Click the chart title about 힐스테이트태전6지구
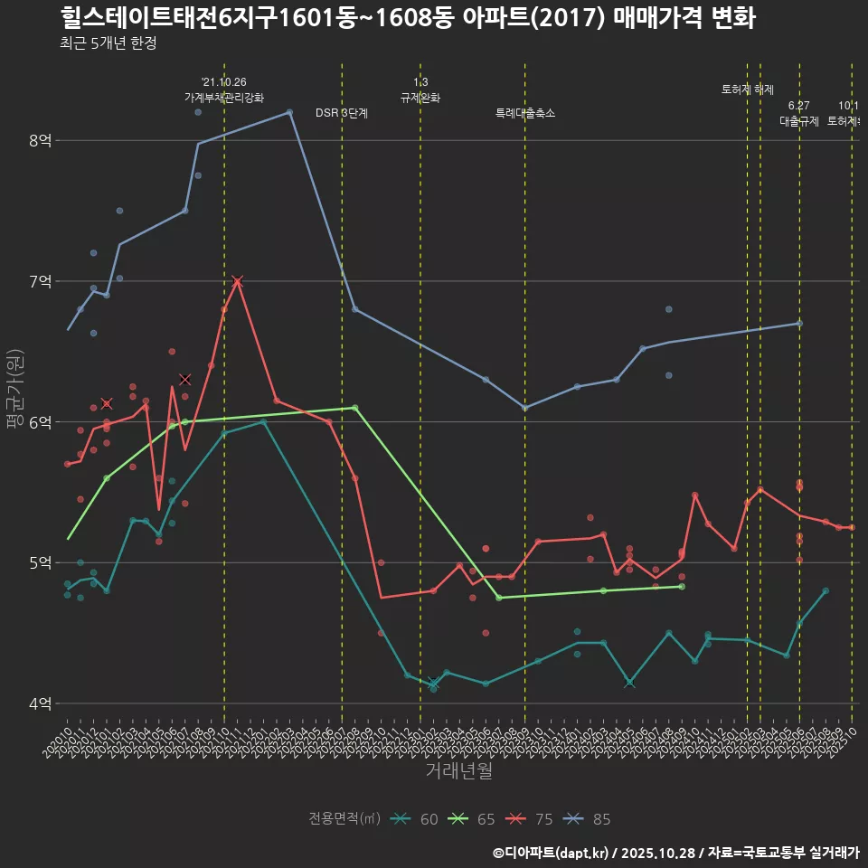[x=407, y=18]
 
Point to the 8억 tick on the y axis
[x=40, y=141]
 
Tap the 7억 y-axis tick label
[x=40, y=281]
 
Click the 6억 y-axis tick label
[x=40, y=422]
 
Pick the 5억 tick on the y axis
[x=40, y=562]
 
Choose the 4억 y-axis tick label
[x=40, y=703]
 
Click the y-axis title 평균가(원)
[x=14, y=389]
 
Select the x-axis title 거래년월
[x=458, y=771]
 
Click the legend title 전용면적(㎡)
[x=344, y=819]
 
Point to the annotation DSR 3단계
[x=341, y=113]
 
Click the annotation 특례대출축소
[x=525, y=113]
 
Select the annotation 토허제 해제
[x=748, y=90]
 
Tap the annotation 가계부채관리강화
[x=224, y=98]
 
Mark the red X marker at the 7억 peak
[x=237, y=281]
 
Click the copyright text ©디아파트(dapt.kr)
[x=552, y=853]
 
